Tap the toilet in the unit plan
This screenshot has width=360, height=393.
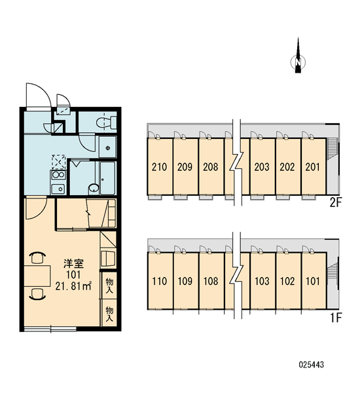(107, 122)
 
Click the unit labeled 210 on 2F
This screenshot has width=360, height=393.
(160, 166)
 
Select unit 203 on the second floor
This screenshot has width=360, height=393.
(262, 166)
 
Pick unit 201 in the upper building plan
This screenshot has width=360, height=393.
(313, 166)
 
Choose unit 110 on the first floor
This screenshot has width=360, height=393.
(160, 281)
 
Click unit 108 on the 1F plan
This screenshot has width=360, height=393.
(211, 281)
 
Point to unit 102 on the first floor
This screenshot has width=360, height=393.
(288, 281)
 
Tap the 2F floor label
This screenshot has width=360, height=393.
(335, 202)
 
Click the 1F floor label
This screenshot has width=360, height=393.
(336, 318)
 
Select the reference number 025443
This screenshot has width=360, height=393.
(312, 365)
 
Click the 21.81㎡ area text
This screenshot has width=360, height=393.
(73, 286)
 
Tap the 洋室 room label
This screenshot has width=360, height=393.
(73, 264)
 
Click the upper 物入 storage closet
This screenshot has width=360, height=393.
(109, 285)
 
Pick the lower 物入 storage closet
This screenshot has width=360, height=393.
(109, 313)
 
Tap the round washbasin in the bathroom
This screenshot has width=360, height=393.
(94, 188)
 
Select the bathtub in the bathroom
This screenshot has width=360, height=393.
(107, 178)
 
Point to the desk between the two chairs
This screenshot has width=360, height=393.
(37, 276)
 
